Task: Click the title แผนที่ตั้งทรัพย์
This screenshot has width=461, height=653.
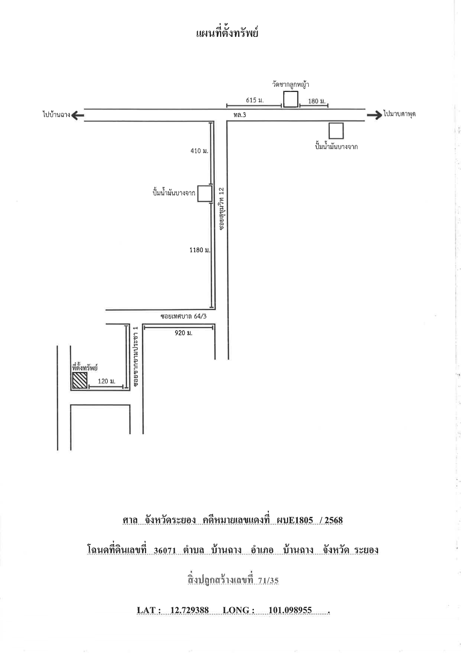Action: pos(227,33)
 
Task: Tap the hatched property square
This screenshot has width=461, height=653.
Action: pos(80,380)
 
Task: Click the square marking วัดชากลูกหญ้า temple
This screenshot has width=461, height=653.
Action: pos(291,99)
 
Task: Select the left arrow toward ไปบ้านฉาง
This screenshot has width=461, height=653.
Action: pos(77,115)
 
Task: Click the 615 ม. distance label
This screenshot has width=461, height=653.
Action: pos(255,100)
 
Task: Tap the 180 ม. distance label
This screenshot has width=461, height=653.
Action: pos(317,101)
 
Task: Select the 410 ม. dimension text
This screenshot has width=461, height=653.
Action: pos(200,151)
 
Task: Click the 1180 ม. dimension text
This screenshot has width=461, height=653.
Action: pos(200,250)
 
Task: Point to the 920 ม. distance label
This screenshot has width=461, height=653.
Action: pos(184,333)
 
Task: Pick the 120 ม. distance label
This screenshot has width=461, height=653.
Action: pos(107,381)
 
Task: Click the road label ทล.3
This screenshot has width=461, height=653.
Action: pos(240,115)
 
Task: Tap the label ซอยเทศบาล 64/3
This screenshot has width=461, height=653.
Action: pos(183,316)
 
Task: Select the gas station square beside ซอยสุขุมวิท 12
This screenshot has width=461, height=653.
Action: pos(204,194)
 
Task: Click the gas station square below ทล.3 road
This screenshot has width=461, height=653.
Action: pos(336,131)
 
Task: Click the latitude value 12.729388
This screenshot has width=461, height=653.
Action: pos(190,611)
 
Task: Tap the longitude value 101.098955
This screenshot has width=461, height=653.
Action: pos(290,611)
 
